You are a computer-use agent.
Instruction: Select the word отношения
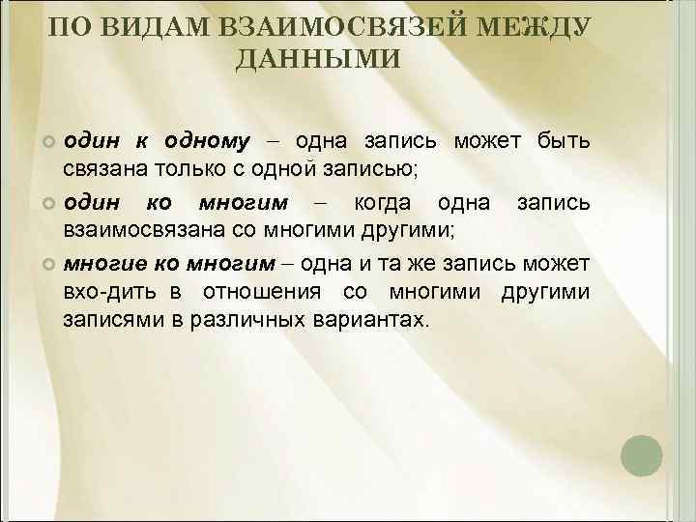click(272, 293)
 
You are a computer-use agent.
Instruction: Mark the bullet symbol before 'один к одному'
click(50, 144)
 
